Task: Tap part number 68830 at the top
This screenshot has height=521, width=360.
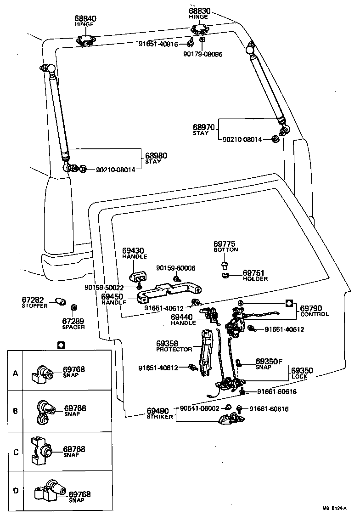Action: tap(198, 11)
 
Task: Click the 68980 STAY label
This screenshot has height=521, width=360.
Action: tap(156, 159)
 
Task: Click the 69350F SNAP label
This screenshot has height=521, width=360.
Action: tap(269, 363)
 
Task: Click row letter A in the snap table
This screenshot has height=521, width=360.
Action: tap(16, 374)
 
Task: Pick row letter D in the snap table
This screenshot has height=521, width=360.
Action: tap(16, 491)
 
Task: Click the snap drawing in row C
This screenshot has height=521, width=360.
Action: tap(40, 451)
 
